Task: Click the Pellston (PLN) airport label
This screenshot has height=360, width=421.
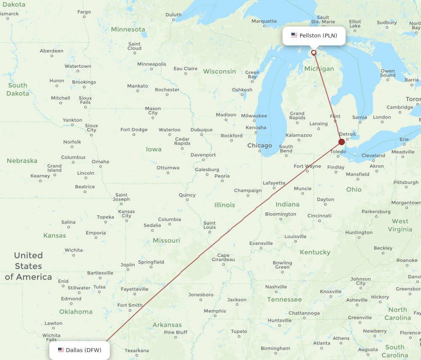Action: [x=318, y=36]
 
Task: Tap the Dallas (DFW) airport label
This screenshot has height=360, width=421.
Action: [x=83, y=350]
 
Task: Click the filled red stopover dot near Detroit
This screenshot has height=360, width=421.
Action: [x=341, y=142]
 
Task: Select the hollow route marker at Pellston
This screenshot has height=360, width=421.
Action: [x=314, y=53]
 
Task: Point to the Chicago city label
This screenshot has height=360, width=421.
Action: [x=259, y=146]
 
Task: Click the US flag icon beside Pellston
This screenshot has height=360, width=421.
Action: [x=294, y=36]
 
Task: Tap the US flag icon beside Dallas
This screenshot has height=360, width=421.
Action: [x=61, y=350]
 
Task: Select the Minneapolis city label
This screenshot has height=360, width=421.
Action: [x=152, y=64]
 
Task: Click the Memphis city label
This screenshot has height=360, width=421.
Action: [x=215, y=311]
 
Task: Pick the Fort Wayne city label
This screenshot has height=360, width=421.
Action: [x=307, y=166]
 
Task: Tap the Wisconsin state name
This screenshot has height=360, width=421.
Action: [x=219, y=71]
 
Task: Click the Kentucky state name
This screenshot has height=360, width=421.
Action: [x=315, y=252]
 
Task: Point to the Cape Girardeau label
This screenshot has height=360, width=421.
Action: [x=223, y=257]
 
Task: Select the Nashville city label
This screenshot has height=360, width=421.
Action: [x=276, y=287]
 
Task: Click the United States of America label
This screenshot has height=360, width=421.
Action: [x=28, y=266]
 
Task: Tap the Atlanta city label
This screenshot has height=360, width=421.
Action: [x=322, y=343]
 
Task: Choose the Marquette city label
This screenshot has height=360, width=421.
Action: [x=264, y=21]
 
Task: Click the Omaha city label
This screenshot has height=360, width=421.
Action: [x=100, y=161]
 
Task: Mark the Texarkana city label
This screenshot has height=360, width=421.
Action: [x=137, y=350]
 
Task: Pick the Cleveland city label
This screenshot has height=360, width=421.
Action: [x=373, y=155]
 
